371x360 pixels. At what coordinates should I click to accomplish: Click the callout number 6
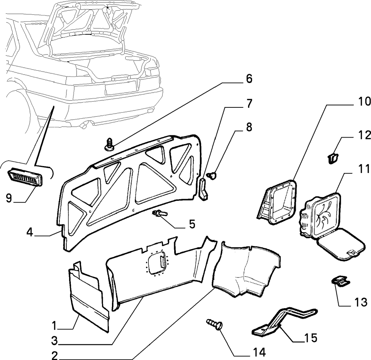point(249,79)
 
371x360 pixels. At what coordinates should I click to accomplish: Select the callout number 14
point(260,352)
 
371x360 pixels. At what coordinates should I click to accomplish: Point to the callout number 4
point(30,232)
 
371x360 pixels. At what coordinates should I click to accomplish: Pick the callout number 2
point(54,355)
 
